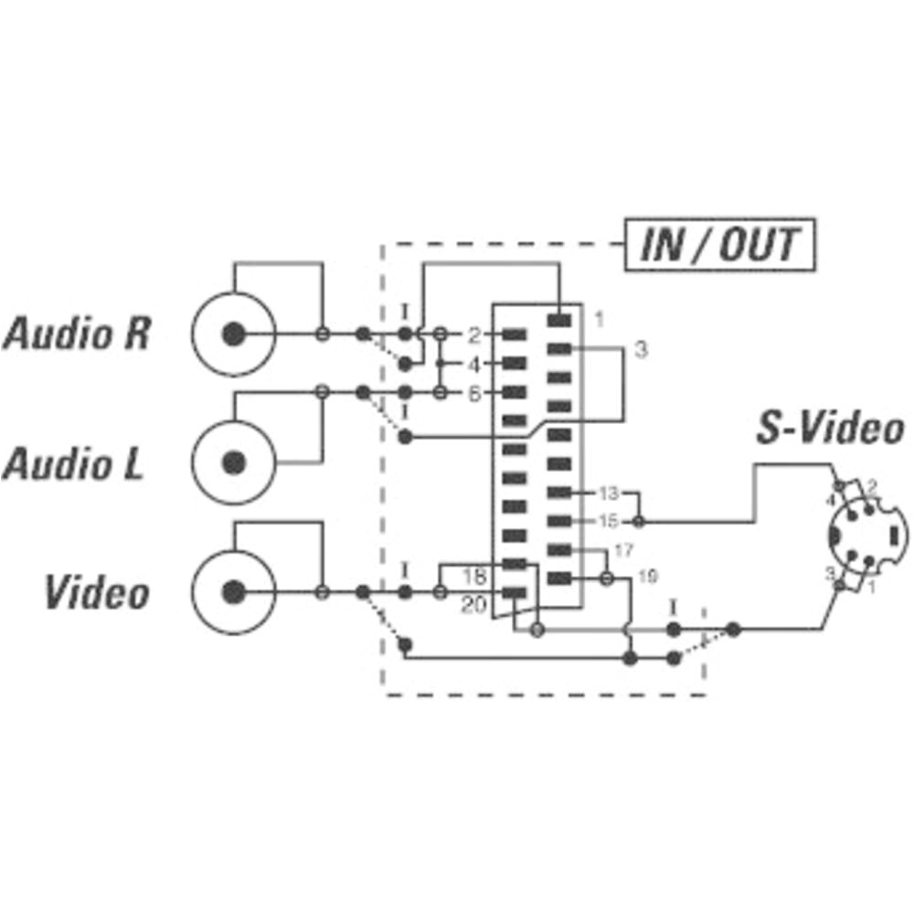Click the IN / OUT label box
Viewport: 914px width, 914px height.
pos(718,245)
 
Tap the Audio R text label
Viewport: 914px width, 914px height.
pos(77,334)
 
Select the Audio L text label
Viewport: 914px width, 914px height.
pos(73,463)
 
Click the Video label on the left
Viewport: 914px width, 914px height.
pos(97,593)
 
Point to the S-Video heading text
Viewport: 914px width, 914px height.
pos(830,429)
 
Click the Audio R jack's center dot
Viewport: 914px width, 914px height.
pos(235,335)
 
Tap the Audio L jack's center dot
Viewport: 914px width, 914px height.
pos(235,462)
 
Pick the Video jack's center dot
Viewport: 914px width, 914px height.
pos(235,592)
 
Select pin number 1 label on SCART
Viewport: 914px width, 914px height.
pos(599,319)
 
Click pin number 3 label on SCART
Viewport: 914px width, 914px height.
pos(641,349)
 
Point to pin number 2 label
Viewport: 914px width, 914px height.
pos(473,335)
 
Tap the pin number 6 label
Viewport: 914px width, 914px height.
pos(473,393)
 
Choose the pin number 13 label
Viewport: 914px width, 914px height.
pos(608,494)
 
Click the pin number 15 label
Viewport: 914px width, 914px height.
pos(608,522)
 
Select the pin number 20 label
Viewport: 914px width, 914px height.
pos(473,603)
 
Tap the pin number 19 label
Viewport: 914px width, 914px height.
pos(646,577)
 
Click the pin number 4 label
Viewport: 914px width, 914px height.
pos(473,364)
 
